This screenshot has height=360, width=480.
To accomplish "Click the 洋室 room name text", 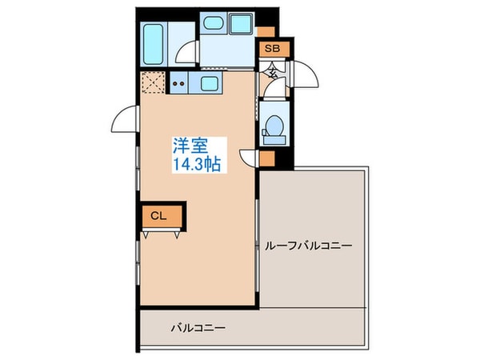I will (190, 146).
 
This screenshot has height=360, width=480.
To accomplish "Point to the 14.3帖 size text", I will (197, 163).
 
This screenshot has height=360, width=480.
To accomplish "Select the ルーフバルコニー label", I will (308, 246).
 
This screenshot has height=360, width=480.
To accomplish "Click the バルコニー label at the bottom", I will (198, 328).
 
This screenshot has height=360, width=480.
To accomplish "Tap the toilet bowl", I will (274, 127).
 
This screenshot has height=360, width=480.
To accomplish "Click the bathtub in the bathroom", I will (154, 44).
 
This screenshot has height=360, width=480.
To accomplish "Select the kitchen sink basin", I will (210, 83).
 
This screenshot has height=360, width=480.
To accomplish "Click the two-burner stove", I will (178, 82).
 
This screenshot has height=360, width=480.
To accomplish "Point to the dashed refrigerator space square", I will (153, 82).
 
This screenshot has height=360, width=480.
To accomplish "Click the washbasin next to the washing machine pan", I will (213, 25).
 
